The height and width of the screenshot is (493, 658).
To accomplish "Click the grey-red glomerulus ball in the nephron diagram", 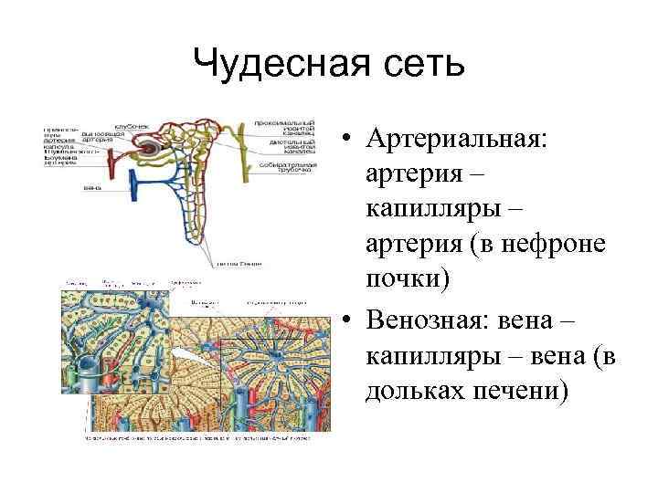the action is click(x=149, y=150).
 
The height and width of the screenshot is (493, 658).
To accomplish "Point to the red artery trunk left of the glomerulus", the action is click(x=111, y=165).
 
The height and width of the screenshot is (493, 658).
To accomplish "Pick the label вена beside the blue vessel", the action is click(x=91, y=188).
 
